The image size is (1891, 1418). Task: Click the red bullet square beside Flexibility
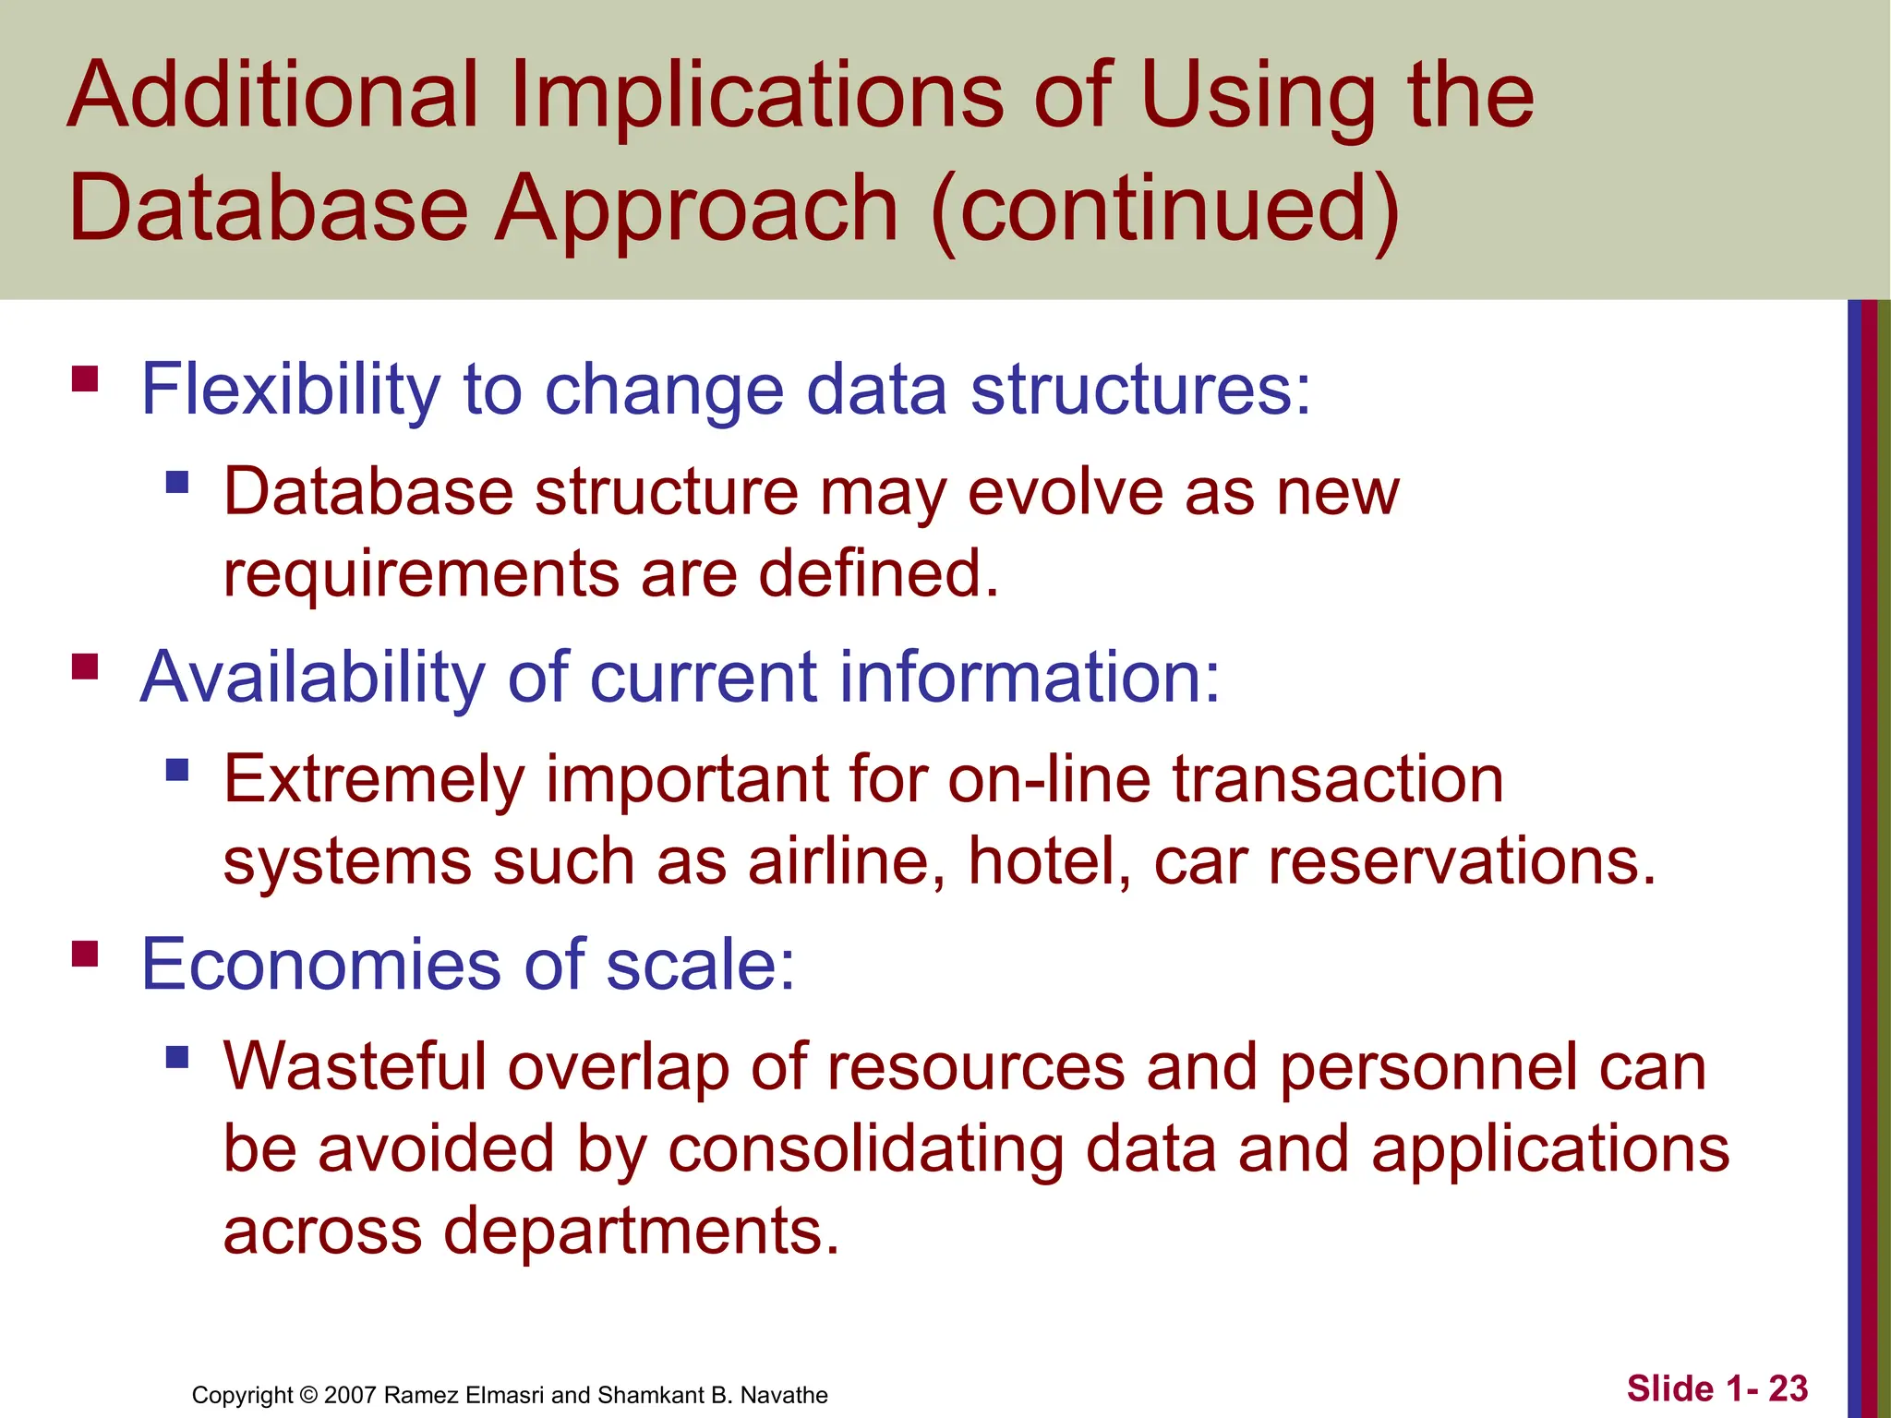(85, 379)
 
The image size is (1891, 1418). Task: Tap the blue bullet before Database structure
(177, 482)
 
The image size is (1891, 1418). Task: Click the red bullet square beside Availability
(85, 667)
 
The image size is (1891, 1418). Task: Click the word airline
(846, 862)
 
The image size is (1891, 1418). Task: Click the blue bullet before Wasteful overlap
(177, 1057)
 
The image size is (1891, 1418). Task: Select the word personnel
(1427, 1068)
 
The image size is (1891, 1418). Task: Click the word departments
(641, 1232)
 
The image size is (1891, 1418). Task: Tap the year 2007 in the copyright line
(350, 1395)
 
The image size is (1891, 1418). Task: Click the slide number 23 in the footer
(1788, 1388)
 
